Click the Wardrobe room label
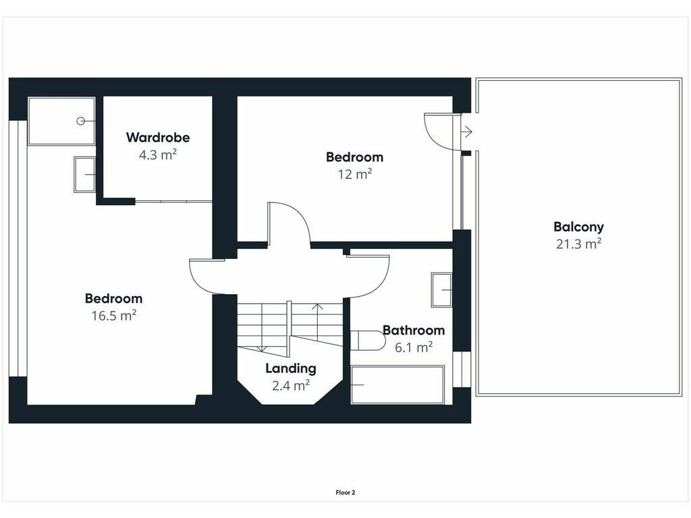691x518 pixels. (158, 138)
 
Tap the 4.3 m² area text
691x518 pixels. (158, 154)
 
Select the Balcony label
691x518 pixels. (578, 227)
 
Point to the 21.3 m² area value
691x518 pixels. (578, 243)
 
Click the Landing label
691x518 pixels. (290, 369)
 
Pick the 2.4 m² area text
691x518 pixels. (290, 385)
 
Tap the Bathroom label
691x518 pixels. (414, 330)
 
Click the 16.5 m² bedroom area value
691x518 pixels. (113, 316)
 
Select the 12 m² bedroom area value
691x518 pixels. (355, 174)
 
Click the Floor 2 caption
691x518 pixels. (345, 492)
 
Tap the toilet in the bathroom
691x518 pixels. (368, 341)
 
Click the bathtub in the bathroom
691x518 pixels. (397, 384)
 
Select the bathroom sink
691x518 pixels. (441, 290)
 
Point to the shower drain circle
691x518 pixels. (81, 121)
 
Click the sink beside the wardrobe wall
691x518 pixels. (84, 175)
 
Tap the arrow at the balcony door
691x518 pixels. (467, 132)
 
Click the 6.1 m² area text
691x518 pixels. (414, 347)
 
